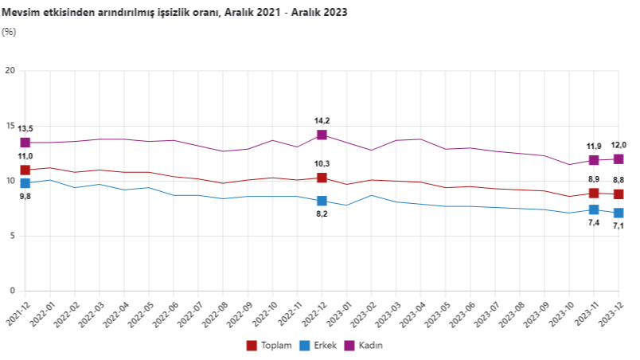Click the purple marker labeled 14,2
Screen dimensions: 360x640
tap(322, 135)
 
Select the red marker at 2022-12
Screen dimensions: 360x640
tap(322, 178)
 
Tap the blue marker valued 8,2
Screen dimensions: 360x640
tap(322, 201)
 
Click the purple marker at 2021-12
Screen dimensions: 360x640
tap(25, 143)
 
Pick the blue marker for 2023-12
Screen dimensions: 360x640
tap(619, 213)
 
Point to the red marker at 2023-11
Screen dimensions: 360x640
tap(594, 193)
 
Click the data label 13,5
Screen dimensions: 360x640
tap(25, 128)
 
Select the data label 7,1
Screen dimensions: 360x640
tap(619, 226)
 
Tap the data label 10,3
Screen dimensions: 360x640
tap(322, 163)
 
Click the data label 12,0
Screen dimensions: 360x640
tap(619, 145)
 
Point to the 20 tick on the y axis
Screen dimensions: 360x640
tap(10, 71)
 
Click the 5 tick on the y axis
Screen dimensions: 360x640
tap(13, 236)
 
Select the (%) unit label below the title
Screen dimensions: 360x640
tap(9, 32)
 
